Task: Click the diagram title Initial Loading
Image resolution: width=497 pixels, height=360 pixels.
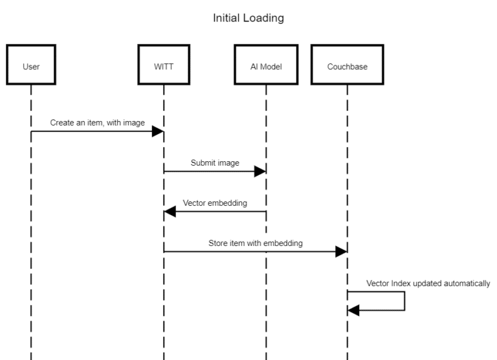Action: (248, 18)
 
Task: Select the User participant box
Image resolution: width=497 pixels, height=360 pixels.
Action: (30, 65)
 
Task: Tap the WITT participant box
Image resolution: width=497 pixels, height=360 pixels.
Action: (163, 65)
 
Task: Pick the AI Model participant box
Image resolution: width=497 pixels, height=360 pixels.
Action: (265, 65)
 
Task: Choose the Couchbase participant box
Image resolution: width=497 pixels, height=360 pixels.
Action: (347, 65)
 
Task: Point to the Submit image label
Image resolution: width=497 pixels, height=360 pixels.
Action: (215, 163)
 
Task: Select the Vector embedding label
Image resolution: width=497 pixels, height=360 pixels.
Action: (214, 203)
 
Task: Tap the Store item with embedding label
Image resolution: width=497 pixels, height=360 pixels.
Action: (255, 243)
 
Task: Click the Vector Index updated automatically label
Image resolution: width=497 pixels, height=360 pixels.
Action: (428, 283)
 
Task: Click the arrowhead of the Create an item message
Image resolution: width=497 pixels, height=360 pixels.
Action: (157, 131)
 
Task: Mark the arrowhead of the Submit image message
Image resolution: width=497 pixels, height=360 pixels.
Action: (260, 172)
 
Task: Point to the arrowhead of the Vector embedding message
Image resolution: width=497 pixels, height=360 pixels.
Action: (170, 212)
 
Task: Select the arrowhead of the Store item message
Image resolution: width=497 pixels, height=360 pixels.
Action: (341, 252)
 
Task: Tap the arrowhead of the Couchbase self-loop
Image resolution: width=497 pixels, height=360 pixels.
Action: (353, 310)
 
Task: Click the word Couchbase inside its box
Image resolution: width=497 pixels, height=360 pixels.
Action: (347, 65)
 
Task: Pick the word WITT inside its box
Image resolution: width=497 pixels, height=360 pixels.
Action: (163, 65)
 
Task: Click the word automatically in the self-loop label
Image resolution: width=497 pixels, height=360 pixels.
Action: (468, 283)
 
